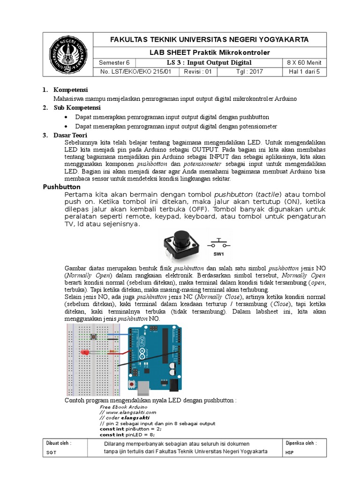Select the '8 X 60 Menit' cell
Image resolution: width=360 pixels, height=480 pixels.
(x=304, y=63)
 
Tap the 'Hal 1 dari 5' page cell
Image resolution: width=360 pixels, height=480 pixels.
(x=304, y=72)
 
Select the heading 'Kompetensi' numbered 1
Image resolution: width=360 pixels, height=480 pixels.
(x=71, y=90)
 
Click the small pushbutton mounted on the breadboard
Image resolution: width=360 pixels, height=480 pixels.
(x=96, y=337)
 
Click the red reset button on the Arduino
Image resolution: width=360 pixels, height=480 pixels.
(x=135, y=385)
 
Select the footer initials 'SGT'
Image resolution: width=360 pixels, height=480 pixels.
(x=51, y=452)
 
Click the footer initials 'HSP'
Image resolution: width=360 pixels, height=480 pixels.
(x=289, y=452)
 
